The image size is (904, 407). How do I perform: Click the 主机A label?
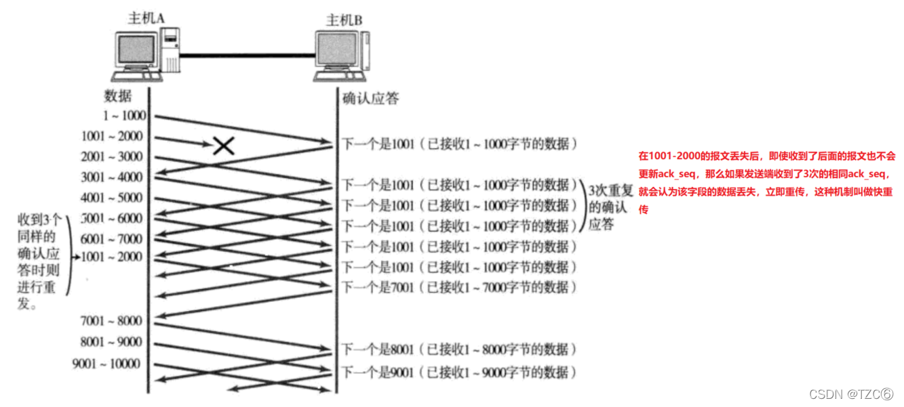146,18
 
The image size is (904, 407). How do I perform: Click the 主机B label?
344,20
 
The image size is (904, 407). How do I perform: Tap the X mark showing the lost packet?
223,145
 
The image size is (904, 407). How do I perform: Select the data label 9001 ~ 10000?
106,364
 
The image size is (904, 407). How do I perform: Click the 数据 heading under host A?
118,95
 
